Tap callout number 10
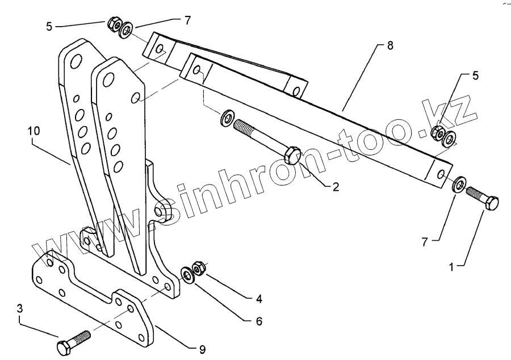[33, 131]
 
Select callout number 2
[336, 186]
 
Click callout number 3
[20, 309]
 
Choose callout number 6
[258, 321]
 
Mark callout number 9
[202, 348]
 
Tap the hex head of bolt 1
[492, 203]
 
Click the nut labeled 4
[198, 266]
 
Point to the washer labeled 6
[187, 275]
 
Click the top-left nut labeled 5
[114, 24]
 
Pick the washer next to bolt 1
[458, 185]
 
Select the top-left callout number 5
[49, 26]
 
